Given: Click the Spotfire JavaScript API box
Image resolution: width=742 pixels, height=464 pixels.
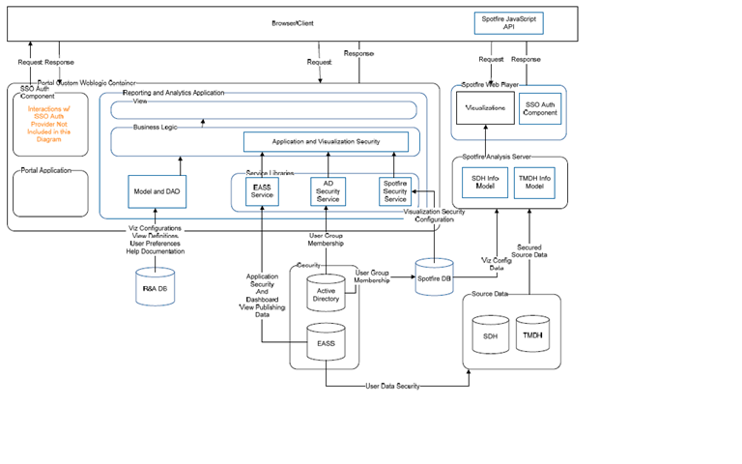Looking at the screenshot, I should [x=509, y=22].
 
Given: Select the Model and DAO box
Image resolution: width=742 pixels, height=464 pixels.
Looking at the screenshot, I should [x=155, y=191].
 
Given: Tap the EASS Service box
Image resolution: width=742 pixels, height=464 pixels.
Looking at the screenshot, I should [x=262, y=191].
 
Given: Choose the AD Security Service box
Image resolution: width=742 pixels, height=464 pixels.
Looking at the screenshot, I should [x=327, y=191].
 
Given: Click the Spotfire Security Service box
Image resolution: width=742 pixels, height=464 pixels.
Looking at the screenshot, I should [x=395, y=191].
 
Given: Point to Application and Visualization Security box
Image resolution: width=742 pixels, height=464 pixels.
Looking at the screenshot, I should [x=326, y=141].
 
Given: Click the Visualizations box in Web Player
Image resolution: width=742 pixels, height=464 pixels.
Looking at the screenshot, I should [x=485, y=108].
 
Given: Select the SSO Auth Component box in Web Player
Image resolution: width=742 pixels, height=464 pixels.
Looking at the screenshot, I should [x=540, y=108].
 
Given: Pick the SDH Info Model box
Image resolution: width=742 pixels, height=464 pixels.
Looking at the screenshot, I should [x=484, y=181].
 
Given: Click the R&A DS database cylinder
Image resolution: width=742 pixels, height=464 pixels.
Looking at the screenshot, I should [x=155, y=287].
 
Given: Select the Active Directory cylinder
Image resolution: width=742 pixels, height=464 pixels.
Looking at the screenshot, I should [x=326, y=294].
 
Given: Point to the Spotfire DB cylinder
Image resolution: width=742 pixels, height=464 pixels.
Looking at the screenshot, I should [x=434, y=278].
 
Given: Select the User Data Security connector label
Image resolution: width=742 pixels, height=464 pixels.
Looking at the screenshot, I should [x=392, y=386].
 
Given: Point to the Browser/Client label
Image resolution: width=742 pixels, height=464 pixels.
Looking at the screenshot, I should [x=292, y=20].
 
